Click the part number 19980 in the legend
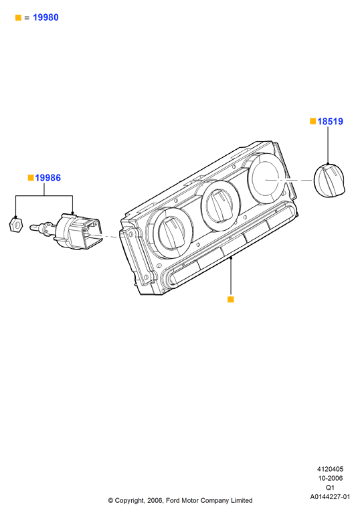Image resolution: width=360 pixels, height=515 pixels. pos(46,17)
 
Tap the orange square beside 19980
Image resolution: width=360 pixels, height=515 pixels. pos(18,18)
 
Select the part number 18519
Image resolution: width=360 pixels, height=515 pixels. pos(330,122)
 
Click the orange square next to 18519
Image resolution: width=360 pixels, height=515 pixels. pos(313,121)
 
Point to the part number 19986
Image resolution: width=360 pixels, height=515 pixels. pos(48,178)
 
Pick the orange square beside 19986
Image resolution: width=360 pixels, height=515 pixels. pos(31,178)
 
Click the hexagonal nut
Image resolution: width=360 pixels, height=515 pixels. pos(15,225)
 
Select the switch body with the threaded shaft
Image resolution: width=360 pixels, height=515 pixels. pos(66,231)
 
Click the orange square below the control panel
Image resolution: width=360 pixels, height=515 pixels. pos(231,299)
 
